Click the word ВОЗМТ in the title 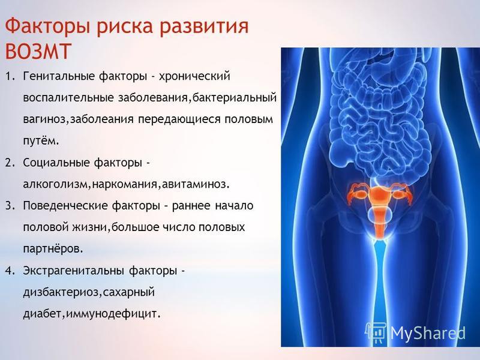[x=38, y=51]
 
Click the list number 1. [x=10, y=76]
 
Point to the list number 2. [x=10, y=163]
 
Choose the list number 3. [x=10, y=206]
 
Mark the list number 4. [x=10, y=271]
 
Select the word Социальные [x=56, y=163]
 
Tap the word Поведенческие [x=65, y=206]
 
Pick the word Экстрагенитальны [x=74, y=271]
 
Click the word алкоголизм [x=55, y=184]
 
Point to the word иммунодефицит [x=112, y=314]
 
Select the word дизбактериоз [x=61, y=293]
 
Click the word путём [x=40, y=141]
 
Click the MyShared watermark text [x=428, y=334]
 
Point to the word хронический [x=194, y=76]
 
